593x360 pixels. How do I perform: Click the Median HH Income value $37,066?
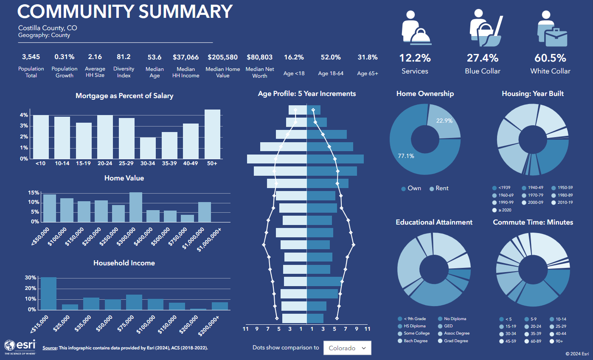(185, 57)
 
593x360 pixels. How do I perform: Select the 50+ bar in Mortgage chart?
(212, 134)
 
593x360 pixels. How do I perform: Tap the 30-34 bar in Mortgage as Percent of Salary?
(148, 148)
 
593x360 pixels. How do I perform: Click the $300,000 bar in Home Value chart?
(136, 207)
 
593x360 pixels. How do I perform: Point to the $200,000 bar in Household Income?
(198, 309)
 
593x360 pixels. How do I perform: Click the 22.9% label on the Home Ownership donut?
(444, 121)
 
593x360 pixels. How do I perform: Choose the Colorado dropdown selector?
(347, 348)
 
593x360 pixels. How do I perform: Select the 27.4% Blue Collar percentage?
(483, 58)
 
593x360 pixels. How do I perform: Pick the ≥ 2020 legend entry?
(503, 210)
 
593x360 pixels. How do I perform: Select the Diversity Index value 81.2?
(124, 57)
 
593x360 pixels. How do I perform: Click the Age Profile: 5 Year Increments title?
(307, 93)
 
